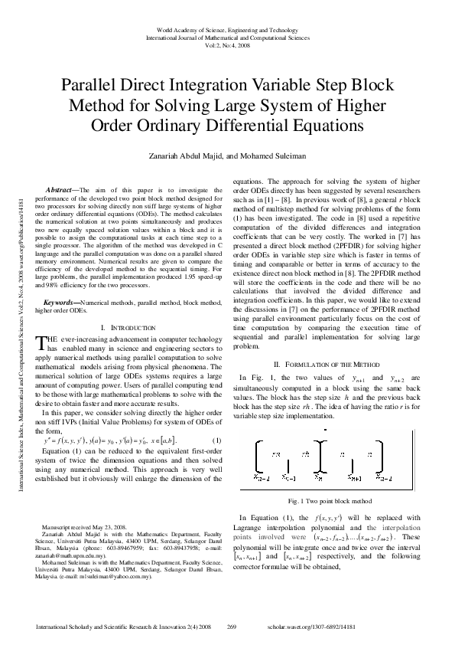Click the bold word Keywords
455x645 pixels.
point(60,303)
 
